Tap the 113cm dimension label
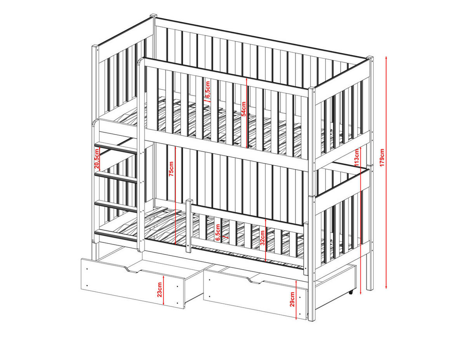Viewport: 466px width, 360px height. click(x=356, y=158)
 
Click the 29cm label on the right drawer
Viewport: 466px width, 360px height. click(x=292, y=299)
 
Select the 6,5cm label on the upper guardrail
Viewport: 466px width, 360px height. click(x=208, y=89)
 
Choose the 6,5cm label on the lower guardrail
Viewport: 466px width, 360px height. click(x=218, y=233)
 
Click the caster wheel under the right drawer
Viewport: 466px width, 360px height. click(x=351, y=292)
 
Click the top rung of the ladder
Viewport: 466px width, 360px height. click(x=116, y=148)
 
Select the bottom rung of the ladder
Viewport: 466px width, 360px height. click(x=116, y=235)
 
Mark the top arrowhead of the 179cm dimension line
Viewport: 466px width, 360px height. click(x=386, y=58)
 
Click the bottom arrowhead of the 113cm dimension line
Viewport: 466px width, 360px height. click(x=360, y=292)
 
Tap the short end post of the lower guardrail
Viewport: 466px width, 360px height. click(x=189, y=226)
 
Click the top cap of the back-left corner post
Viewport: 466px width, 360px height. click(x=153, y=16)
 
